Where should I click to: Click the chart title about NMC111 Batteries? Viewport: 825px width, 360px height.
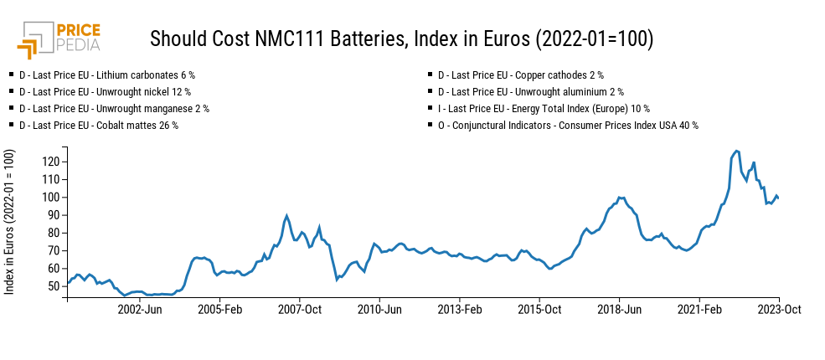[x=401, y=39]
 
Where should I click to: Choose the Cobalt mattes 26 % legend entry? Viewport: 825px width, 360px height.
[x=98, y=125]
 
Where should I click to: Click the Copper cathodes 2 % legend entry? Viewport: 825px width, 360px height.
[x=520, y=75]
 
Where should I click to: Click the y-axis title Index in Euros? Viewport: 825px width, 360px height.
[x=9, y=222]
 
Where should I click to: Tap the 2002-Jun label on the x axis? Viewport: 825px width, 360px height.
[x=140, y=309]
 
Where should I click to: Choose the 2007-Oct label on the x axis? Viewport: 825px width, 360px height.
[x=300, y=309]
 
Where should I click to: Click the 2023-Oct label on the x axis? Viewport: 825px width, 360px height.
[x=780, y=309]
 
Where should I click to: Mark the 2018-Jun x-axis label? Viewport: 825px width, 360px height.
[x=620, y=309]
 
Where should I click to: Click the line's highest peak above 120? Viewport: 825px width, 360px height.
[x=736, y=152]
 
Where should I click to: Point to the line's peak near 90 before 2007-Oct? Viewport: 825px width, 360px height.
[x=286, y=215]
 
